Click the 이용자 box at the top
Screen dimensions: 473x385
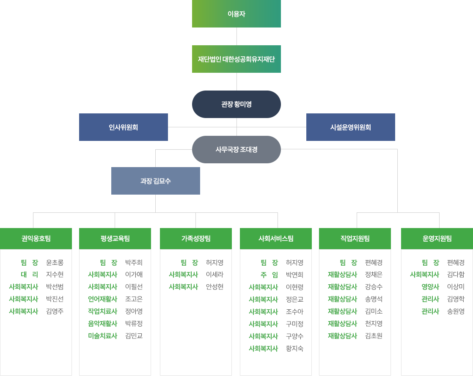coord(236,14)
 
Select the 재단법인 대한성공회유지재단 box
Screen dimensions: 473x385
coord(236,59)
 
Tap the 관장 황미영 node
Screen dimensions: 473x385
coord(236,104)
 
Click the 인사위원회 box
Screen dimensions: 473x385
coord(124,127)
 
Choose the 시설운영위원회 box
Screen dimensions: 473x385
coord(351,127)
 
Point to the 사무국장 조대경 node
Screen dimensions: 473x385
coord(236,149)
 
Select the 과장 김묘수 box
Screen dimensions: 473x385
coord(155,181)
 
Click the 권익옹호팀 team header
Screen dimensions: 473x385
coord(36,238)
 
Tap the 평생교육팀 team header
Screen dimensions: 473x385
coord(115,238)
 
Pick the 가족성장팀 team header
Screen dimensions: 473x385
coord(196,238)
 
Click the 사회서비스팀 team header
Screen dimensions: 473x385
coord(276,238)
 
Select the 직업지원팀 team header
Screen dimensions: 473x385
coord(355,238)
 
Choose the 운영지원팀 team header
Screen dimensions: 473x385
coord(437,238)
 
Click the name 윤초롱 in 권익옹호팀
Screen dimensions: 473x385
coord(55,262)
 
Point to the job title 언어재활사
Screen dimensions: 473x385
coord(102,299)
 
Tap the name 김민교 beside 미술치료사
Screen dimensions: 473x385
coord(134,336)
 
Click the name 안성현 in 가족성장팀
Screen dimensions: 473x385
coord(214,287)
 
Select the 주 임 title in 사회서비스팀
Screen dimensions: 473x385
coord(269,275)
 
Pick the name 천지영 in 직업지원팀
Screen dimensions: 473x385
coord(374,324)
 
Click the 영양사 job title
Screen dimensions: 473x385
coord(430,287)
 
